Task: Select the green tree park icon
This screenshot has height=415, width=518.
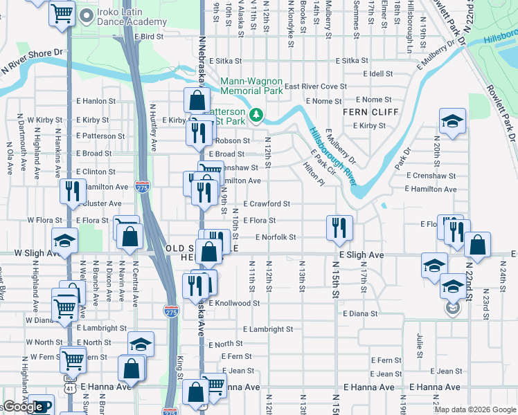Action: pyautogui.click(x=257, y=113)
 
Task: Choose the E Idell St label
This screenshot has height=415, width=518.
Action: pyautogui.click(x=378, y=73)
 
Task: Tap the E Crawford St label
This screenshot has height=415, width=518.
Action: pyautogui.click(x=267, y=204)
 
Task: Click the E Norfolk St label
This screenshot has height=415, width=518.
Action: pyautogui.click(x=276, y=237)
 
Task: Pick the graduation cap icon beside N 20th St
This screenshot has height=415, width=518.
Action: pyautogui.click(x=452, y=122)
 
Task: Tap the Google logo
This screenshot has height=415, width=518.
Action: pyautogui.click(x=24, y=407)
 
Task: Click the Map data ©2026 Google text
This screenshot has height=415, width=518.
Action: pyautogui.click(x=475, y=409)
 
